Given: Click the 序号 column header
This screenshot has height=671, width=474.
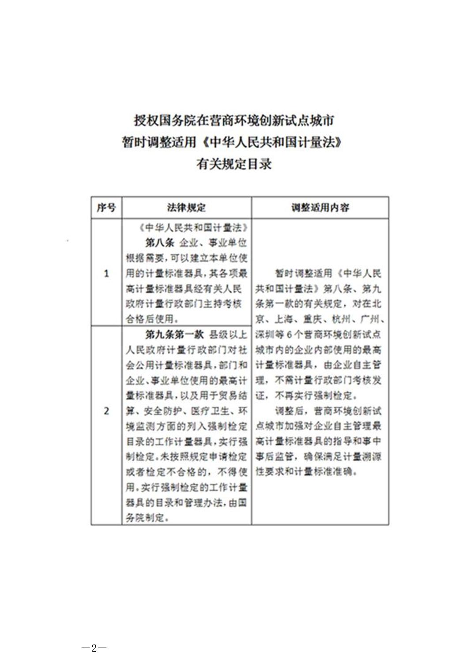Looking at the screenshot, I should pyautogui.click(x=106, y=207).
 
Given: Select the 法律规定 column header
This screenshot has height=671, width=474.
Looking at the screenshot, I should pyautogui.click(x=186, y=207).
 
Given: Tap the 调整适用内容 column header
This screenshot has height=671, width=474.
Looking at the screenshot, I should pyautogui.click(x=320, y=207).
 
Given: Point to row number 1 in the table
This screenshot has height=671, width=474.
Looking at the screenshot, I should pyautogui.click(x=106, y=274).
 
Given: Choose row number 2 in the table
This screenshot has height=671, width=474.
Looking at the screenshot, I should pyautogui.click(x=106, y=411).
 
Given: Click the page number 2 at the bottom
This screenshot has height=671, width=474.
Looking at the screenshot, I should pyautogui.click(x=94, y=648).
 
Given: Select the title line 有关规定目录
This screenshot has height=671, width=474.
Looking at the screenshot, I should pyautogui.click(x=234, y=164).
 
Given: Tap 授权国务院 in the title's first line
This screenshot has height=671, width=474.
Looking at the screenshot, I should pyautogui.click(x=159, y=120).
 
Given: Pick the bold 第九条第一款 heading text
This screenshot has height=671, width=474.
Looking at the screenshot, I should pyautogui.click(x=175, y=335).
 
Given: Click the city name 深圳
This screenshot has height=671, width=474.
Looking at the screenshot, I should pyautogui.click(x=264, y=335).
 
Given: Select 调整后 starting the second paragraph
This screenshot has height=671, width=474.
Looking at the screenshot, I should pyautogui.click(x=289, y=411).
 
